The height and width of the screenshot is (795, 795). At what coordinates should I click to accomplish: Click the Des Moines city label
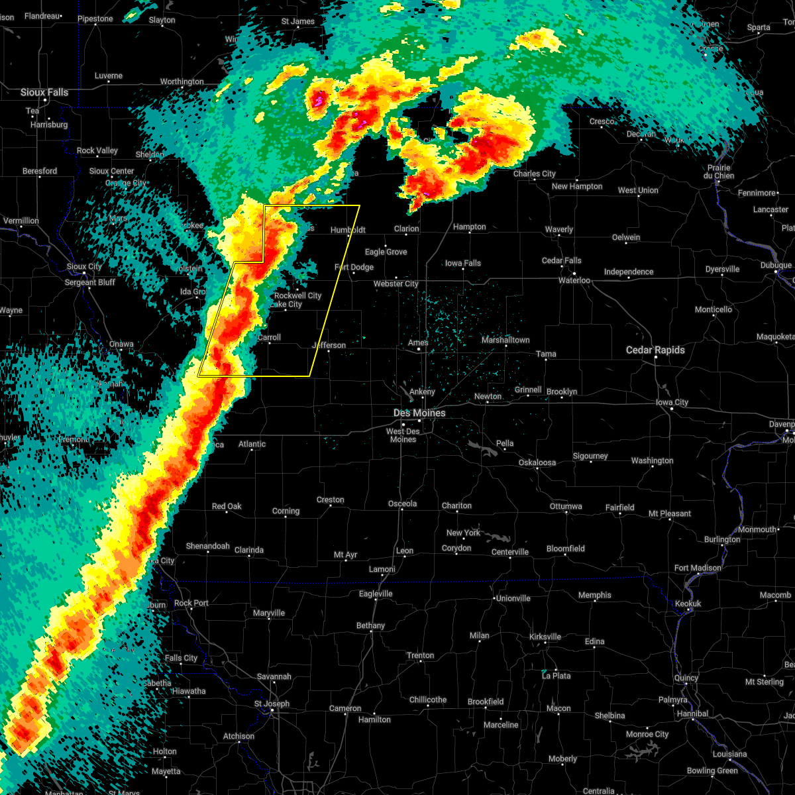[x=419, y=413]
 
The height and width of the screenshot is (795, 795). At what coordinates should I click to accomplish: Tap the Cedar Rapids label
[x=655, y=350]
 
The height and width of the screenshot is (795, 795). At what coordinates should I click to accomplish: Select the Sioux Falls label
[x=44, y=92]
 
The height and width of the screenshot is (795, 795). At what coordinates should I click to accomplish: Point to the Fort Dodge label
[x=354, y=267]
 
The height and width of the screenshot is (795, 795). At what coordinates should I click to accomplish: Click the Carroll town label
[x=269, y=337]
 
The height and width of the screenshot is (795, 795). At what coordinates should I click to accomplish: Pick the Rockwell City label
[x=297, y=295]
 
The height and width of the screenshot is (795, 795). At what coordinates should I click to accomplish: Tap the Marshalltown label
[x=505, y=340]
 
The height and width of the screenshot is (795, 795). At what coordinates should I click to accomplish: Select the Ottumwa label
[x=566, y=506]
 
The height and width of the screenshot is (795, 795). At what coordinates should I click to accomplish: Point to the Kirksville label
[x=545, y=637]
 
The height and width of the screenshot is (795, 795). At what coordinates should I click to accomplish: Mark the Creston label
[x=330, y=500]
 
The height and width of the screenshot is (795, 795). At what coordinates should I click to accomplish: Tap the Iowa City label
[x=672, y=402]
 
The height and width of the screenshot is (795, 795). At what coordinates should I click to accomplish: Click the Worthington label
[x=182, y=81]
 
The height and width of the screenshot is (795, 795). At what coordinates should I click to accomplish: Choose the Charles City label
[x=535, y=174]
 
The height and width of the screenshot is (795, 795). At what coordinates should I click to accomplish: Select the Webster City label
[x=396, y=284]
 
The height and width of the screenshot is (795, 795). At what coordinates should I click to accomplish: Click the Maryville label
[x=269, y=613]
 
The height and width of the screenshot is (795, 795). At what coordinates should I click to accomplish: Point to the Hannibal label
[x=692, y=714]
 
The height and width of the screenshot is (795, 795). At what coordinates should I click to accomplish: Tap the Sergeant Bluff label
[x=89, y=282]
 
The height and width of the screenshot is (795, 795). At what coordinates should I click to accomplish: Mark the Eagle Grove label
[x=386, y=252]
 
